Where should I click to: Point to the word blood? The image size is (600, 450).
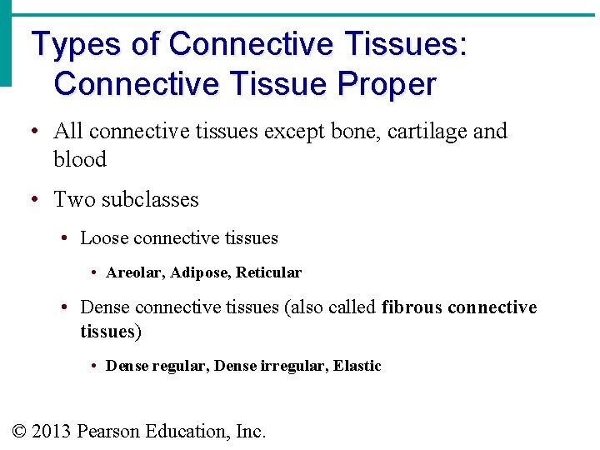[80, 159]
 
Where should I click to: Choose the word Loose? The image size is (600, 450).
[104, 238]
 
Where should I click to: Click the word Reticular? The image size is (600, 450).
[268, 272]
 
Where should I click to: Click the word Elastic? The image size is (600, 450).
[357, 366]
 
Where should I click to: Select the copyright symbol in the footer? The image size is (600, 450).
[20, 432]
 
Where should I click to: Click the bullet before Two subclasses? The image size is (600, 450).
[34, 200]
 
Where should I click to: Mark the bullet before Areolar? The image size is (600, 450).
[95, 273]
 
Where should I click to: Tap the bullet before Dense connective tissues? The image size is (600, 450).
[65, 308]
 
